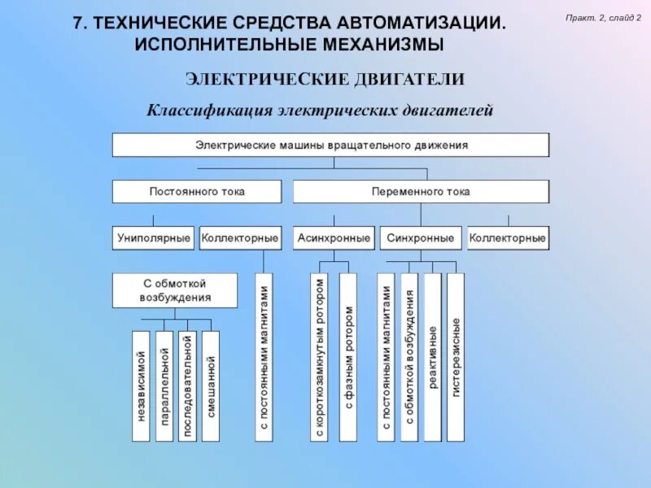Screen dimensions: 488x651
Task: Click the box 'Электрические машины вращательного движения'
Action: (330, 145)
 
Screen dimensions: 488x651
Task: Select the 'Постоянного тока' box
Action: (197, 192)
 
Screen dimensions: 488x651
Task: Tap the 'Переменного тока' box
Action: (421, 192)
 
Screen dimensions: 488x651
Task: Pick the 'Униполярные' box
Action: (153, 238)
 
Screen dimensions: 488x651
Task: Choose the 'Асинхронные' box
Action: (334, 238)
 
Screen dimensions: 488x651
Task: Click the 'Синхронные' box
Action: (421, 238)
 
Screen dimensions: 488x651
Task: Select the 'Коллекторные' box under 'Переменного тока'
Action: (508, 238)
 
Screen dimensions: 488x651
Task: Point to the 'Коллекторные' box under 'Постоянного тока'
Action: (240, 238)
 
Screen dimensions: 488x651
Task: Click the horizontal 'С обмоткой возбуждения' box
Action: (175, 290)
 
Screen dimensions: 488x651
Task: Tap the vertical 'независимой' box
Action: (141, 386)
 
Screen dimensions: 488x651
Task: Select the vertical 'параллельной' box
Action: (164, 386)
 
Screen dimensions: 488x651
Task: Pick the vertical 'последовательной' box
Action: (187, 386)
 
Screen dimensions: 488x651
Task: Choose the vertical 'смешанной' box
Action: (211, 386)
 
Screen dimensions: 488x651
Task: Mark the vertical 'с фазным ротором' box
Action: (348, 357)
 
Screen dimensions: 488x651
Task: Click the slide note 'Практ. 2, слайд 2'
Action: (604, 17)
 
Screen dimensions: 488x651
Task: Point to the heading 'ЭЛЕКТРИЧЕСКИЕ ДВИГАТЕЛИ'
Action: (325, 79)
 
